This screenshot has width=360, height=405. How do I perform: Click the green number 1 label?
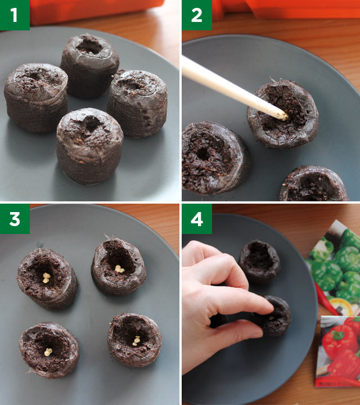click(15, 15)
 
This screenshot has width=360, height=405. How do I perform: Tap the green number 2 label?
click(196, 15)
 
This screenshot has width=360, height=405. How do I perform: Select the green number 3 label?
click(15, 218)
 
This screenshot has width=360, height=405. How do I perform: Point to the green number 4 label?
click(196, 218)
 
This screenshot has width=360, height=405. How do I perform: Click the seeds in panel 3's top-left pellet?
click(46, 277)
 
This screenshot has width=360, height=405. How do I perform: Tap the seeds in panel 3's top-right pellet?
click(119, 269)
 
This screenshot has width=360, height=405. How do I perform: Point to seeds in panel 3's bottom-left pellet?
click(48, 352)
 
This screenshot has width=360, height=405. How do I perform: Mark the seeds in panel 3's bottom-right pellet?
click(136, 340)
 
